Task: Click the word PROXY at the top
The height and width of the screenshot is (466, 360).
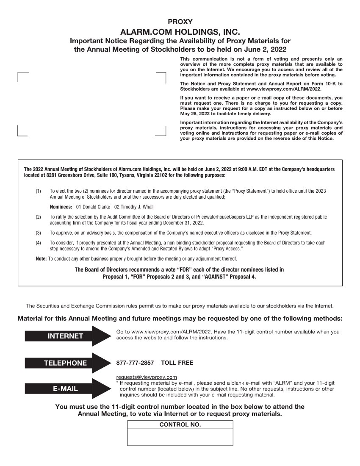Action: tap(180, 22)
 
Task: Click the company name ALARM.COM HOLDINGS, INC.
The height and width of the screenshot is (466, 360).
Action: tap(180, 32)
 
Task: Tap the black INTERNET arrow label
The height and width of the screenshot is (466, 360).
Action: tap(65, 336)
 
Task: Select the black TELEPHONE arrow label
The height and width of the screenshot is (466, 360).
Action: tap(65, 363)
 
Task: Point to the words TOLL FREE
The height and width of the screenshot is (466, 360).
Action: tap(177, 363)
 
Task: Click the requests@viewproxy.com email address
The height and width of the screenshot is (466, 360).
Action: tap(146, 377)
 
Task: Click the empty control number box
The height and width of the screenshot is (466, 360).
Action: tap(180, 437)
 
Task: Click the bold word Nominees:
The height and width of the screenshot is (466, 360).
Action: tap(61, 207)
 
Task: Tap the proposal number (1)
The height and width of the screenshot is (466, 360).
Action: tap(39, 191)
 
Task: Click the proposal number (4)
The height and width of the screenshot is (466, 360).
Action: tap(39, 243)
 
